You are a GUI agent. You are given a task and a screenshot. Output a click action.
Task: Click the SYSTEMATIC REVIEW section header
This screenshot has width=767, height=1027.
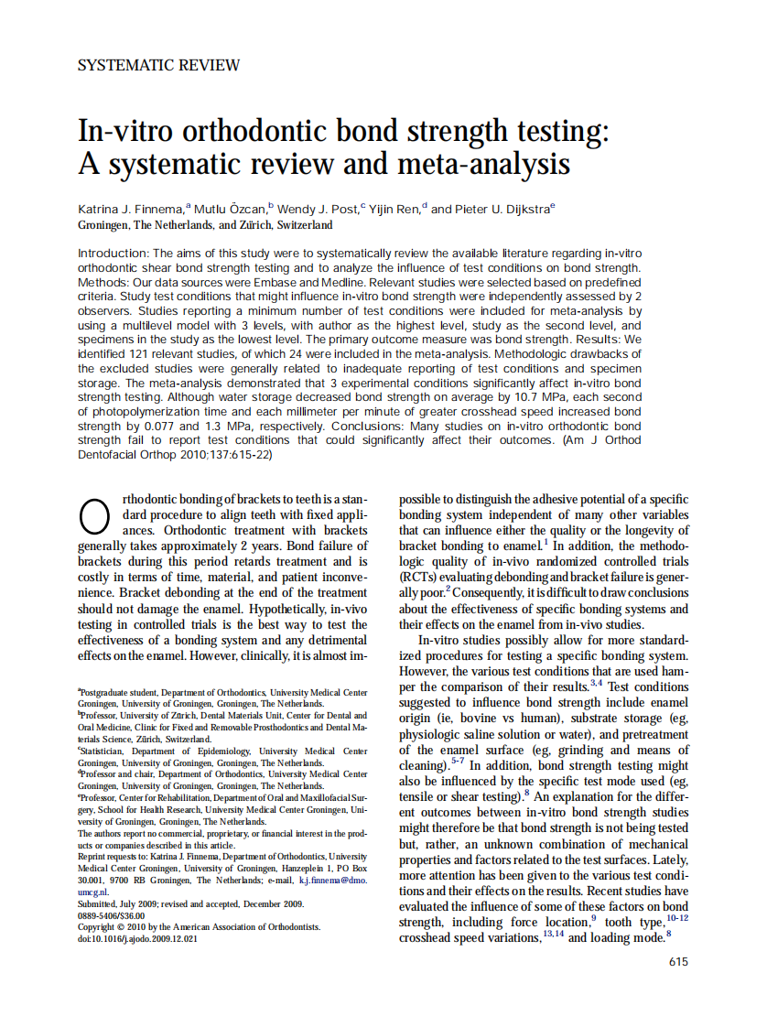coord(159,65)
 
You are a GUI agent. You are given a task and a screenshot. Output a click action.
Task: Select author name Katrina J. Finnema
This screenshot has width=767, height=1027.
coord(133,209)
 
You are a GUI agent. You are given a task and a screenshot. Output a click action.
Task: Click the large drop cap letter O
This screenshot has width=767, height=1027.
coord(96,517)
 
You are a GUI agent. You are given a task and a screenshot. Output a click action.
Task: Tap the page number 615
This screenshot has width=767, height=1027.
coord(678,961)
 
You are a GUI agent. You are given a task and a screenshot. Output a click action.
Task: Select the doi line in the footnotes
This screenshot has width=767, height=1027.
coord(137,938)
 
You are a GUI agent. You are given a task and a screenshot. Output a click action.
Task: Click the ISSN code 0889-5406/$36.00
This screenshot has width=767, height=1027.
coord(112,915)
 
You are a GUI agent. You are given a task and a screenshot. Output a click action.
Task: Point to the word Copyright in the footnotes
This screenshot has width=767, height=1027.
coord(99,927)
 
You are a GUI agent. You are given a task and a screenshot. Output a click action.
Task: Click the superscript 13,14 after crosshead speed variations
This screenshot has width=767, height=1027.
coord(553,934)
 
